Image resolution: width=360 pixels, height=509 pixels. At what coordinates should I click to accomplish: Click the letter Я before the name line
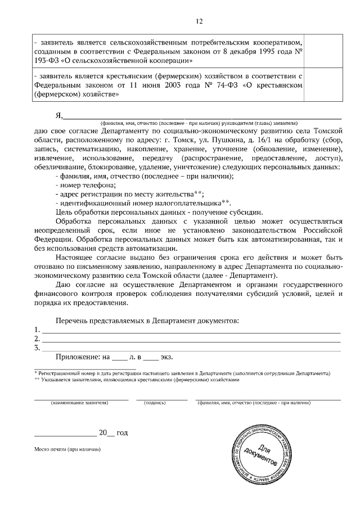[x=58, y=116]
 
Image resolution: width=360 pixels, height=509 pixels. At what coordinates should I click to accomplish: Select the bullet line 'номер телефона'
[x=82, y=184]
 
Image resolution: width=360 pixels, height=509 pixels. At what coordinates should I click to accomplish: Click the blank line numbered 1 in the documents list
[x=191, y=330]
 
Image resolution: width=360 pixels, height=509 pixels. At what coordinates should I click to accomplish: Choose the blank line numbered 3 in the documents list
[x=191, y=348]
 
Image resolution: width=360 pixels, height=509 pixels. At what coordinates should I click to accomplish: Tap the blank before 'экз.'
[x=151, y=357]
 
